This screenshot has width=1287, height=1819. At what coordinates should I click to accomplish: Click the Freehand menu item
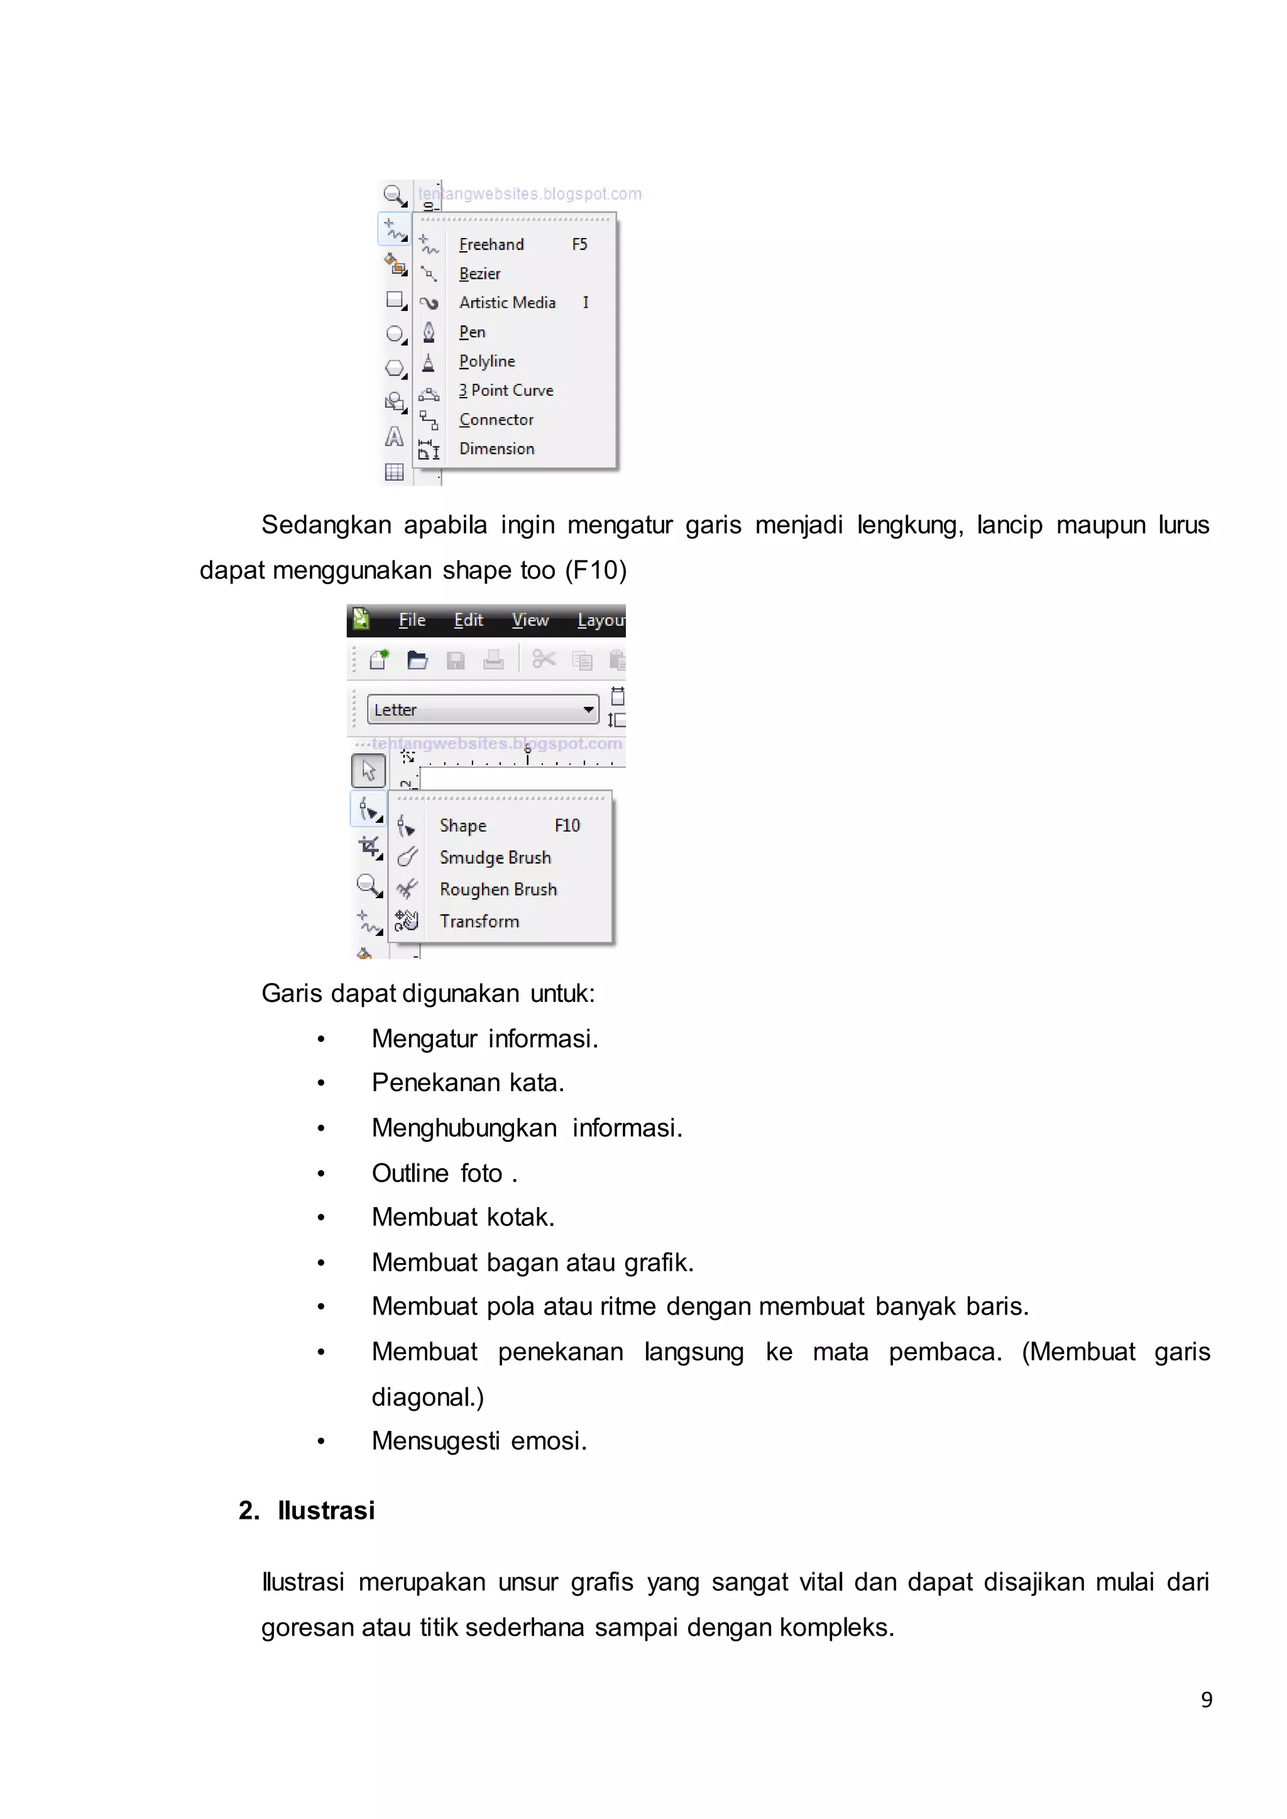pyautogui.click(x=491, y=244)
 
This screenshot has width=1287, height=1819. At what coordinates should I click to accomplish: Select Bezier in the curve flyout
pyautogui.click(x=479, y=273)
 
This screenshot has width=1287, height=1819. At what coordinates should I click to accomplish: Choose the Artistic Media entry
pyautogui.click(x=507, y=303)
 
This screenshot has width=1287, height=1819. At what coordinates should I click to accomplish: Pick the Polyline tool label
pyautogui.click(x=486, y=361)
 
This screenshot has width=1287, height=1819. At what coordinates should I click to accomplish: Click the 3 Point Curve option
pyautogui.click(x=506, y=390)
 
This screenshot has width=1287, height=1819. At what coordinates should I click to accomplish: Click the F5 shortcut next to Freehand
pyautogui.click(x=579, y=244)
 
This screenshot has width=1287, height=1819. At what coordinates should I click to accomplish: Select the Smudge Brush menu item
pyautogui.click(x=495, y=857)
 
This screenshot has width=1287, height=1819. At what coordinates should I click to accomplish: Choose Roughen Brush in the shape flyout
pyautogui.click(x=498, y=889)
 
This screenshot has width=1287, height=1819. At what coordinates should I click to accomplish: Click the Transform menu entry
pyautogui.click(x=479, y=921)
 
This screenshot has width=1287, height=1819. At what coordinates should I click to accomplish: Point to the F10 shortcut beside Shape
pyautogui.click(x=567, y=825)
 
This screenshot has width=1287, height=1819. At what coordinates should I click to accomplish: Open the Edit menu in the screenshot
pyautogui.click(x=468, y=621)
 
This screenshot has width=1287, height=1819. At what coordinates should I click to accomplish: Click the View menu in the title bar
pyautogui.click(x=529, y=621)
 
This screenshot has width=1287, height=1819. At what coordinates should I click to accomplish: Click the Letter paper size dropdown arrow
pyautogui.click(x=588, y=709)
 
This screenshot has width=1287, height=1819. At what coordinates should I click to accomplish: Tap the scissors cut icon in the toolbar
pyautogui.click(x=544, y=659)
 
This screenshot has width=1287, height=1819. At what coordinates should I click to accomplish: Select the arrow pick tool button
pyautogui.click(x=368, y=770)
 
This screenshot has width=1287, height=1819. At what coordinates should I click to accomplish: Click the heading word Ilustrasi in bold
pyautogui.click(x=326, y=1510)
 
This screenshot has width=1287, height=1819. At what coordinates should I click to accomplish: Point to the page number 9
pyautogui.click(x=1206, y=1700)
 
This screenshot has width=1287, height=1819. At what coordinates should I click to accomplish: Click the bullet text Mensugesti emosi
pyautogui.click(x=479, y=1440)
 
